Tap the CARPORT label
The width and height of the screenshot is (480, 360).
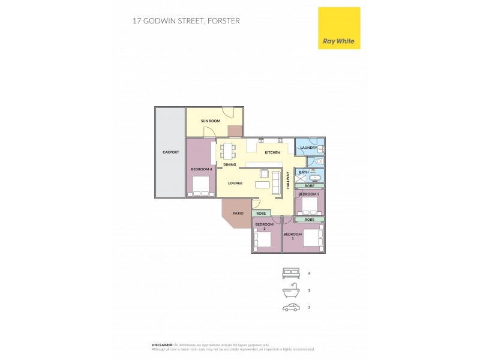(170, 152)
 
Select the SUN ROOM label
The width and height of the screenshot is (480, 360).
(211, 121)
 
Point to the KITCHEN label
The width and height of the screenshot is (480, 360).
(272, 152)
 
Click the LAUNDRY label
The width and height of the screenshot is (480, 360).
(308, 148)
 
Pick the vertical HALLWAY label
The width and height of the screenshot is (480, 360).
(289, 181)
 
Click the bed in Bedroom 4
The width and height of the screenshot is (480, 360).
(200, 186)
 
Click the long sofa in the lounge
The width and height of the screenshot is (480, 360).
(276, 182)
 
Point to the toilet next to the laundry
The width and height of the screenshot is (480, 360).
(319, 161)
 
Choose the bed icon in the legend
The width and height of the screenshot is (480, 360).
(291, 274)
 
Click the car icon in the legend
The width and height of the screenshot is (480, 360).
(291, 307)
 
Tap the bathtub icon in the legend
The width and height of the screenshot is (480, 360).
(291, 290)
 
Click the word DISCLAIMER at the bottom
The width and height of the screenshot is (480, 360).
(162, 345)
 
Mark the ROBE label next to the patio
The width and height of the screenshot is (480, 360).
(261, 214)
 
